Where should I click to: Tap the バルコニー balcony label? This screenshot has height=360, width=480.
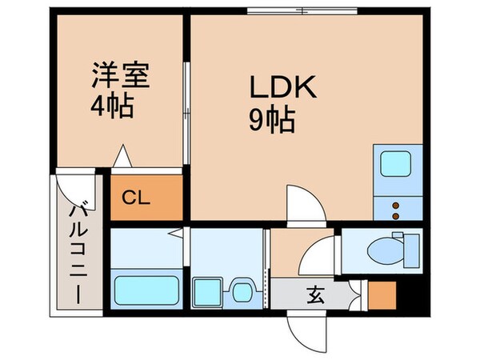(79, 252)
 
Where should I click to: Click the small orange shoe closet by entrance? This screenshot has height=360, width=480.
(383, 296)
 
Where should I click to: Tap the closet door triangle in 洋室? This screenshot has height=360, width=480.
(122, 157)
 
